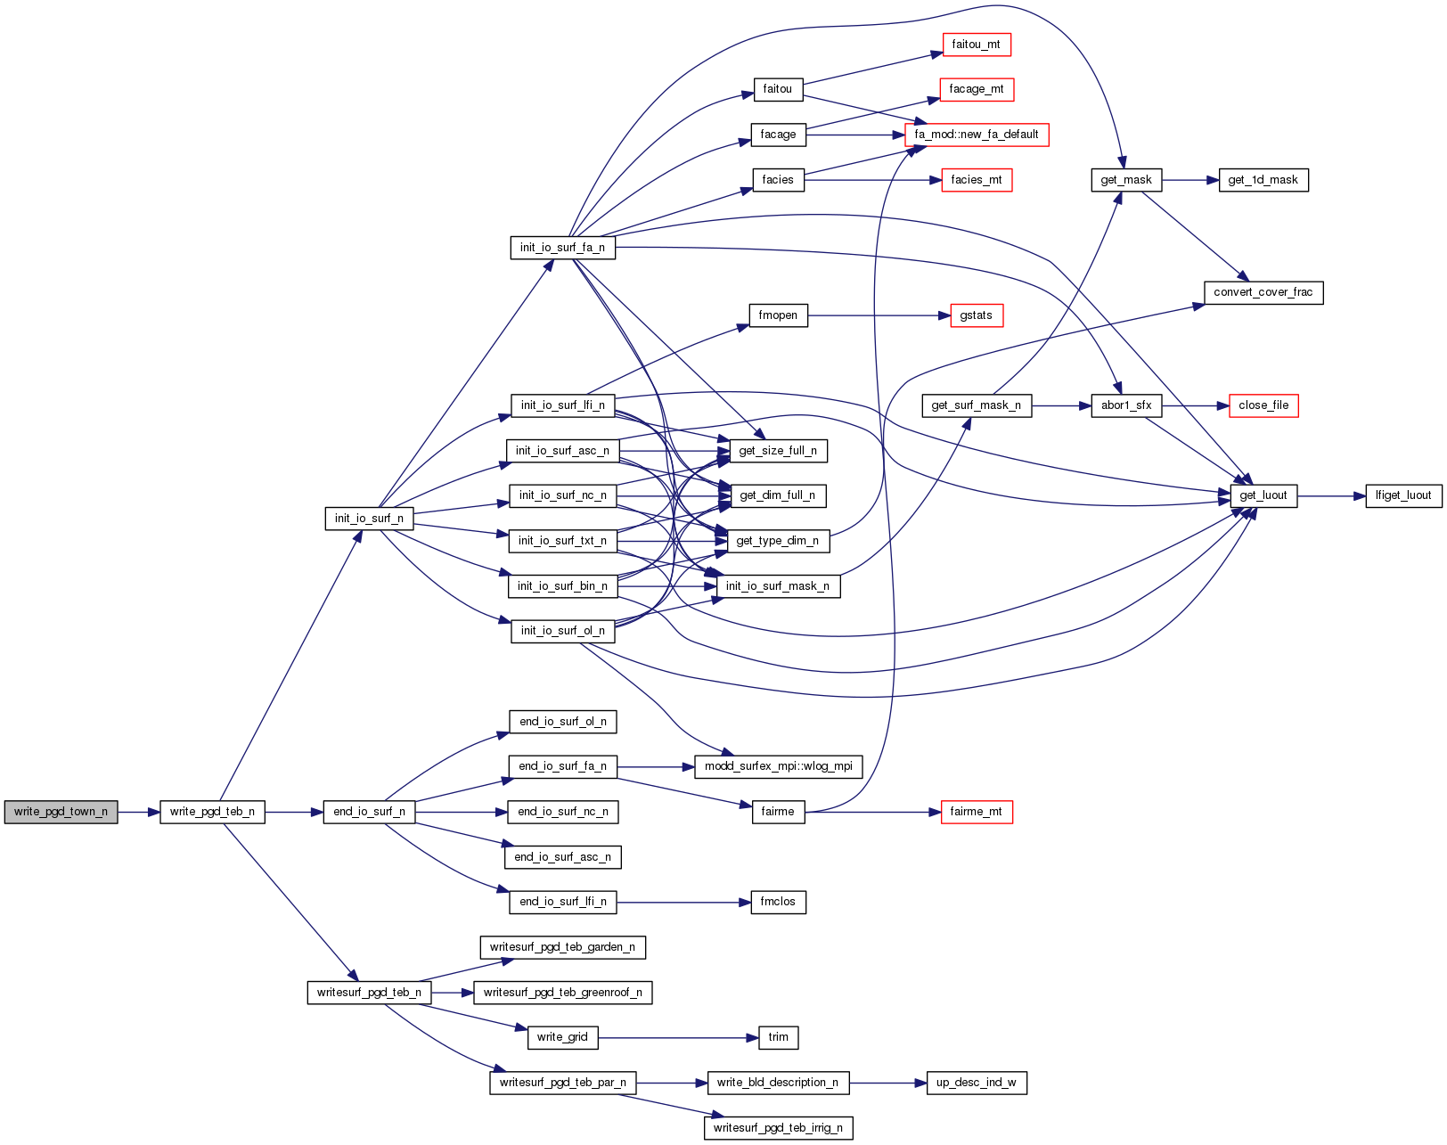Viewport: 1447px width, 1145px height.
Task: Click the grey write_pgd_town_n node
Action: pos(61,812)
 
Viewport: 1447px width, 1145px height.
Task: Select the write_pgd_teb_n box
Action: pos(212,812)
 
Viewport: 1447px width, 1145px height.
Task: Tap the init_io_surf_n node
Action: pos(369,519)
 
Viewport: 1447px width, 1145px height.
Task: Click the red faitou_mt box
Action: pos(976,45)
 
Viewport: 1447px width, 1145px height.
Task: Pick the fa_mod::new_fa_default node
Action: pos(977,135)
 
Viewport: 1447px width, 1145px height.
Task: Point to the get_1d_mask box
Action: pos(1263,180)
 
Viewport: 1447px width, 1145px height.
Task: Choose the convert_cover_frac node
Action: pos(1263,292)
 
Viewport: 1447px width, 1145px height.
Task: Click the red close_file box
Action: pos(1263,405)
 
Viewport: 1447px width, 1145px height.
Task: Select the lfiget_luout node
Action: pos(1403,495)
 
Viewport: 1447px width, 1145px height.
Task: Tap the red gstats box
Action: pos(977,315)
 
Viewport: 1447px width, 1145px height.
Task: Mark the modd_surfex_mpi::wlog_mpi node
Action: pos(778,766)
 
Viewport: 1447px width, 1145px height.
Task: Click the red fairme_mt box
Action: pos(976,812)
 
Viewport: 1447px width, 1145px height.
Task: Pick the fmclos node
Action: pos(778,902)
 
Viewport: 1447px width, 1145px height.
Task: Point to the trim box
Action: pos(778,1037)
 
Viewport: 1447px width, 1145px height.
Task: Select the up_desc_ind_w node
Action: pos(977,1083)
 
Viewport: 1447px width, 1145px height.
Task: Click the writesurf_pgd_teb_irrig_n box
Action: pos(778,1128)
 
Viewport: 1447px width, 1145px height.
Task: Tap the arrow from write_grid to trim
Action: pos(677,1037)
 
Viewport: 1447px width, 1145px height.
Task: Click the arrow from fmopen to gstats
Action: pos(873,315)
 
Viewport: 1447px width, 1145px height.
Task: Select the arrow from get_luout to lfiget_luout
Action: pos(1331,495)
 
